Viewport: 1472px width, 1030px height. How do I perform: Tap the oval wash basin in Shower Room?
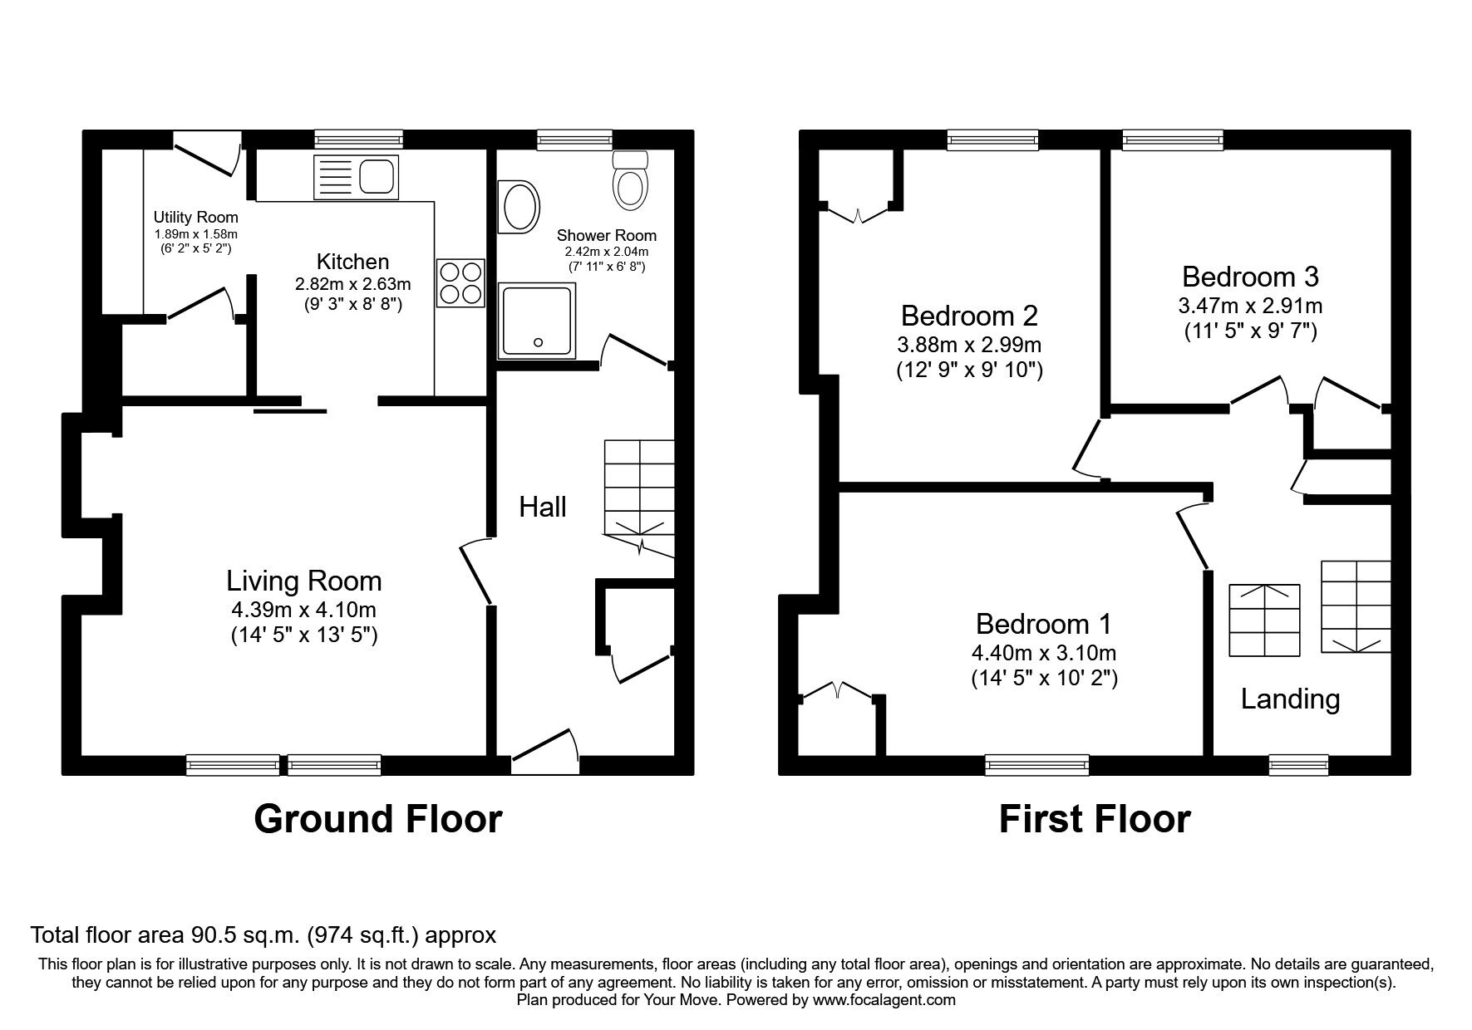point(519,207)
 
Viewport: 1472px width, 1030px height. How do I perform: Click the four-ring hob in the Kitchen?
point(460,282)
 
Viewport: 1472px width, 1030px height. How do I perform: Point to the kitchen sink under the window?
point(356,177)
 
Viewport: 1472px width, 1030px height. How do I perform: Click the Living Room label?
point(304,581)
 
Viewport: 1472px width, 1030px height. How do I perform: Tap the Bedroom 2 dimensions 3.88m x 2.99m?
point(969,344)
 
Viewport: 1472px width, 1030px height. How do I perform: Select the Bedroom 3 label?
point(1250,276)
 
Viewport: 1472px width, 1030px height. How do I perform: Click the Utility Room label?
point(195,218)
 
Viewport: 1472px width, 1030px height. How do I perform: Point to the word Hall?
point(543,507)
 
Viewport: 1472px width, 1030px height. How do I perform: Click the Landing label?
point(1290,699)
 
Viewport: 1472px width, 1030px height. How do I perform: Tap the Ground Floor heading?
point(377,818)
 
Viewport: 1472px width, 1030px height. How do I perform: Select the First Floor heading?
point(1094,818)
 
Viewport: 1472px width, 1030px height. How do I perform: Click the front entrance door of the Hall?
point(545,752)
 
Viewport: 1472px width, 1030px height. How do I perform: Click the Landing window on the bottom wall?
point(1297,764)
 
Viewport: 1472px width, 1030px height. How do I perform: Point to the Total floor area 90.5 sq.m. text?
point(263,935)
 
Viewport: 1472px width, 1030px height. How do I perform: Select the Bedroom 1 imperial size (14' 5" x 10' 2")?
point(1044,679)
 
